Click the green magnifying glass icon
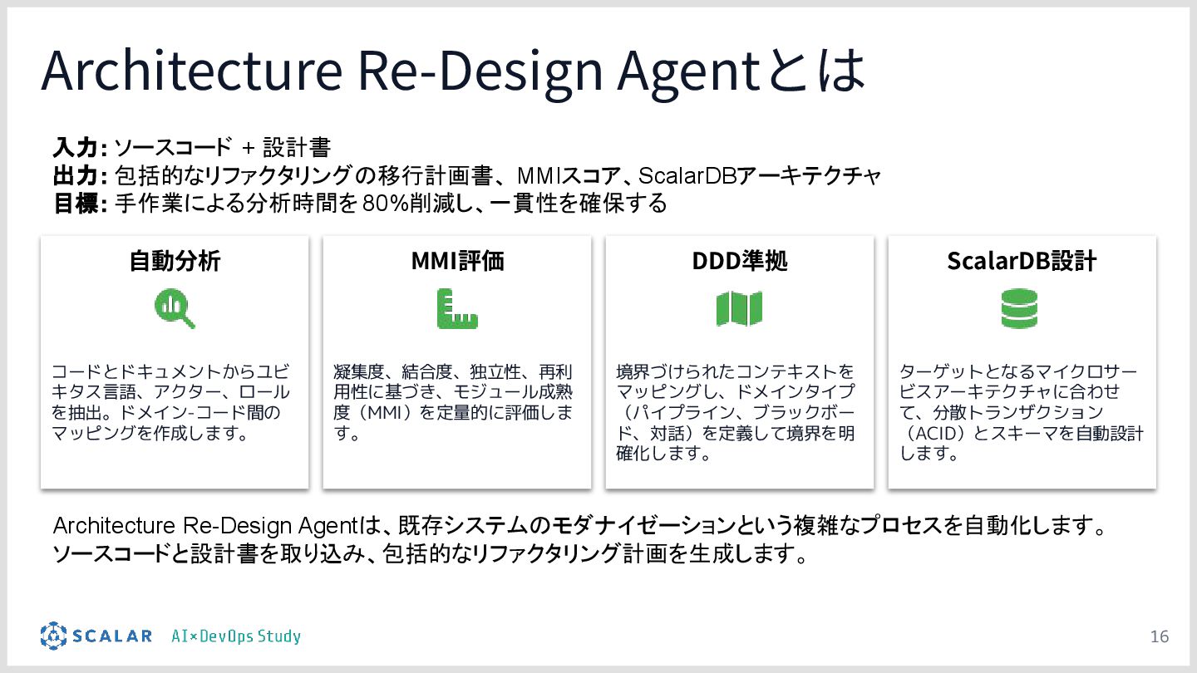click(175, 309)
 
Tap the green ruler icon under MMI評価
click(457, 309)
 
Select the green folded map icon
click(739, 309)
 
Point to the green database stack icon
click(1019, 309)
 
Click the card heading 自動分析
click(175, 261)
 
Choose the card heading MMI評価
click(457, 261)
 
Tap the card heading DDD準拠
click(739, 261)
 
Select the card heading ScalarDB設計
click(1022, 261)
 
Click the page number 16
click(1159, 636)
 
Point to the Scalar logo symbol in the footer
click(53, 636)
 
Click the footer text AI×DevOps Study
click(236, 636)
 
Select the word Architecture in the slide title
click(191, 71)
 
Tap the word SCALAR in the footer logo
click(112, 636)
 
